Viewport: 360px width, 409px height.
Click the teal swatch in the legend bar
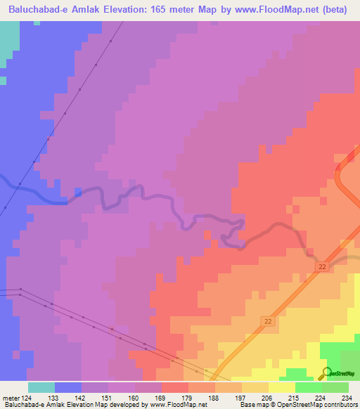(41, 387)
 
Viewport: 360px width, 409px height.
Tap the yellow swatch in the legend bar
(281, 387)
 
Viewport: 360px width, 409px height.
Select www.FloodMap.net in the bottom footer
(179, 405)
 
